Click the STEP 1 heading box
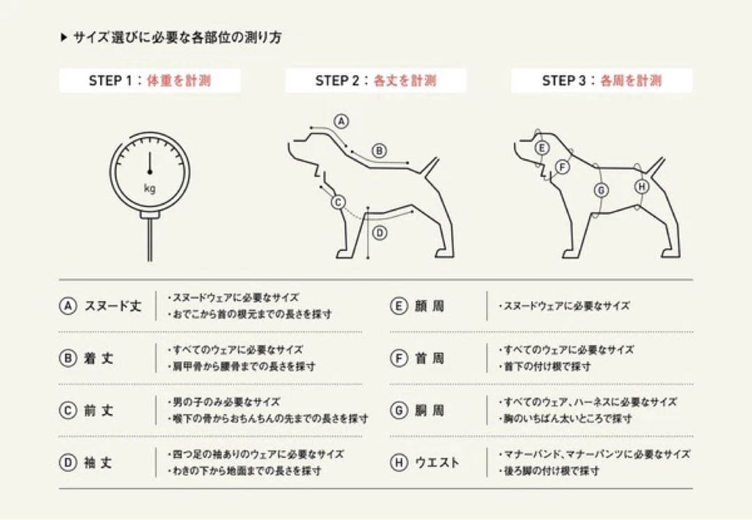coord(150,80)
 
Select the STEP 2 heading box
coord(375,80)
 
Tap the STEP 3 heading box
coord(602,80)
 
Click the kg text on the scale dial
coord(150,188)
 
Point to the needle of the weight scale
coord(150,163)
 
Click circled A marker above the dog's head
coord(340,121)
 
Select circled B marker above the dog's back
coord(379,150)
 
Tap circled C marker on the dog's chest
coord(338,202)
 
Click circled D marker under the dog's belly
coord(379,234)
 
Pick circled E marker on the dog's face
coord(542,148)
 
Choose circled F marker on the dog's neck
coord(563,167)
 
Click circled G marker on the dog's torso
coord(601,190)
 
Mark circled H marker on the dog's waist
coord(641,186)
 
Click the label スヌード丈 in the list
coord(113,306)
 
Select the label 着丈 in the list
coord(99,358)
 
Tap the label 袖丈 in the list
coord(99,463)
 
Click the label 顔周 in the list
coord(429,306)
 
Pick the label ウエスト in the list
coord(437,463)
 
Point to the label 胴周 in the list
coord(429,411)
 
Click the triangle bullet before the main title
coord(63,38)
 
